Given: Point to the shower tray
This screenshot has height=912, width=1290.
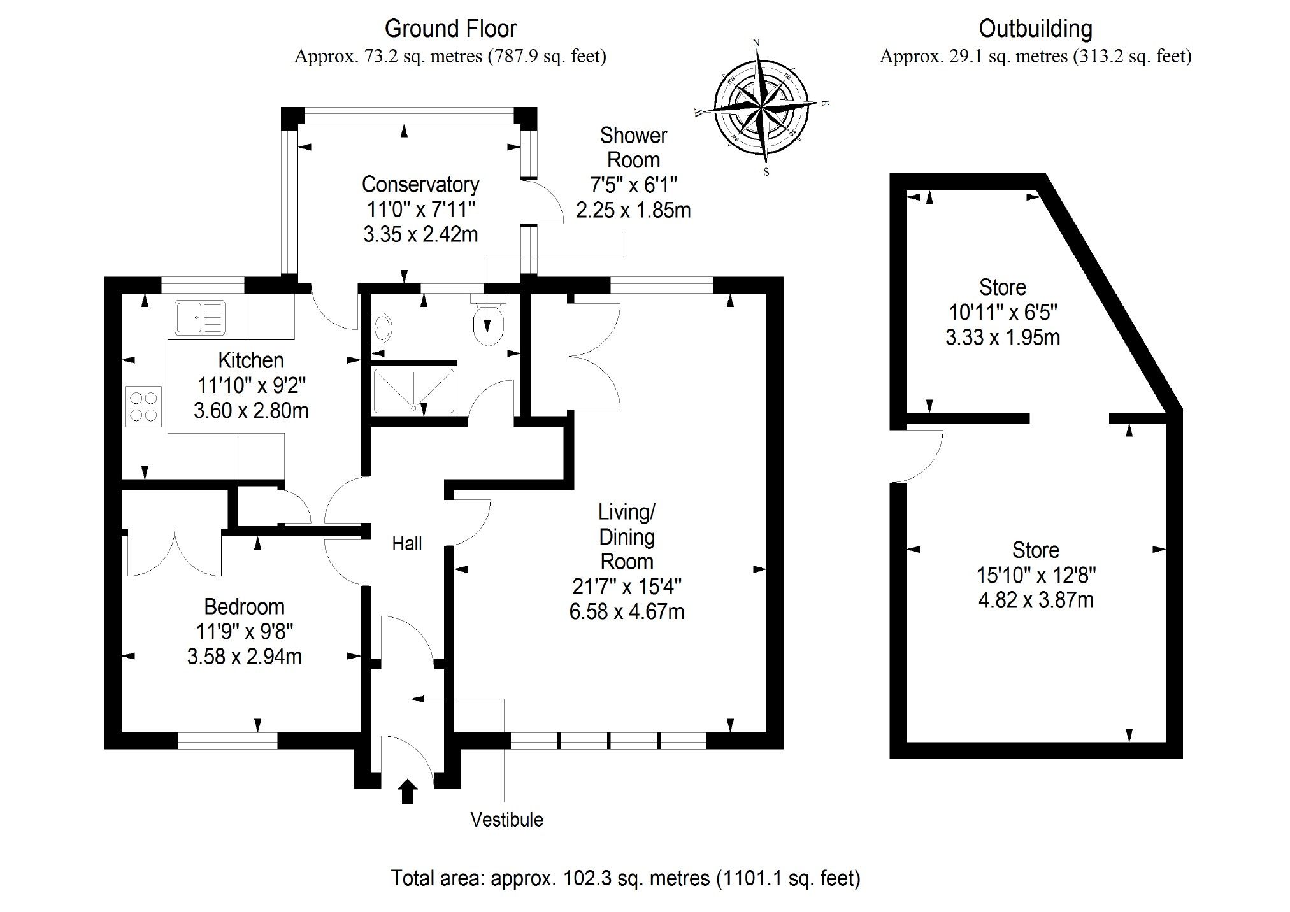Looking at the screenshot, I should click(414, 390).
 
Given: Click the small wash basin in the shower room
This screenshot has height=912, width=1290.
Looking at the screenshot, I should click(382, 329).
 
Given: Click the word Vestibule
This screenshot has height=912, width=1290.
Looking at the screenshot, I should click(506, 819).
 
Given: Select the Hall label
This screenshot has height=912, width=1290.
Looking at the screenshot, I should click(406, 543).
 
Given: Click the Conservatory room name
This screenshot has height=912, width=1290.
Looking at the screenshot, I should click(420, 184).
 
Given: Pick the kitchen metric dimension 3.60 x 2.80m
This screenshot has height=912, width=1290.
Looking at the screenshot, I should click(251, 410).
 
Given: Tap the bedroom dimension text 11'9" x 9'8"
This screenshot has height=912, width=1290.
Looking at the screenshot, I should click(245, 631).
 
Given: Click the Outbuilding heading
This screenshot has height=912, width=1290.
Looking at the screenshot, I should click(1035, 29).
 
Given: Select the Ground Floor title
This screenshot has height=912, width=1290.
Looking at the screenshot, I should click(450, 29).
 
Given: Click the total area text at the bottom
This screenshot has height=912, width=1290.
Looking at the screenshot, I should click(625, 878).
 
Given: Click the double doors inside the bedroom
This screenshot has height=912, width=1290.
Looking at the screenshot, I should click(174, 553).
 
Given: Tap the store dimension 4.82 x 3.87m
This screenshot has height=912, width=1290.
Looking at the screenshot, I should click(1036, 600).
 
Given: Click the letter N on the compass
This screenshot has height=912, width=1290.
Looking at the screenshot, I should click(756, 43).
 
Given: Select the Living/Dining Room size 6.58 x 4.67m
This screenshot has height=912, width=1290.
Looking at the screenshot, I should click(627, 611).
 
